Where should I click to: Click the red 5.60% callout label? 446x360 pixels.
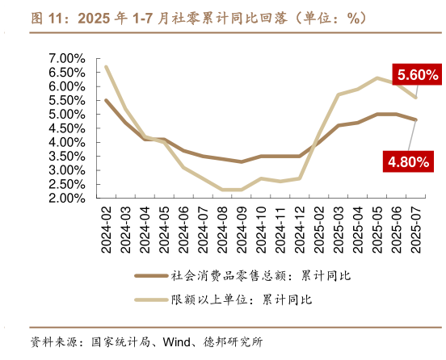pyautogui.click(x=418, y=75)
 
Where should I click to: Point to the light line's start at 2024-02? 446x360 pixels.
pyautogui.click(x=107, y=67)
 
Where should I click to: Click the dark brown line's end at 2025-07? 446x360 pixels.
pyautogui.click(x=416, y=119)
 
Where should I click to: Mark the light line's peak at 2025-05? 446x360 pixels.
pyautogui.click(x=377, y=78)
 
